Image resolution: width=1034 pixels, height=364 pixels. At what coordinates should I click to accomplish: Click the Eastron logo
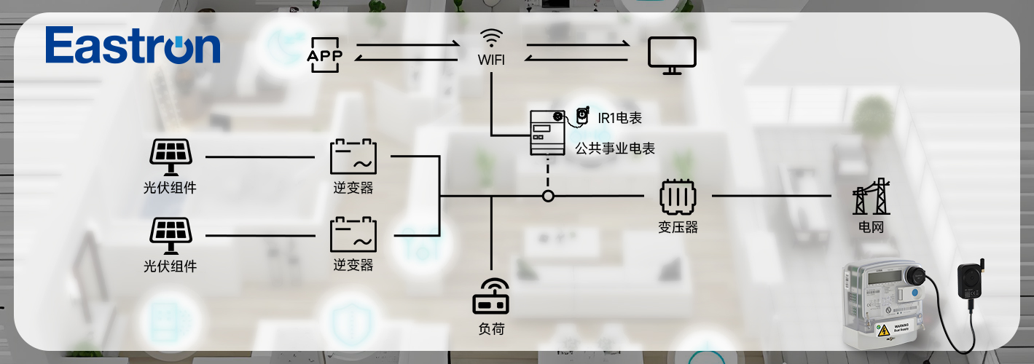pos(133,46)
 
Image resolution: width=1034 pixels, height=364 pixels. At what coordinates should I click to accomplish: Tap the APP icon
pos(325,55)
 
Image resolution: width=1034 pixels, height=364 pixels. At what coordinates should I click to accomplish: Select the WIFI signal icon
pos(491,38)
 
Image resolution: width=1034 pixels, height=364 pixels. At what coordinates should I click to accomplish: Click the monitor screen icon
pos(672,55)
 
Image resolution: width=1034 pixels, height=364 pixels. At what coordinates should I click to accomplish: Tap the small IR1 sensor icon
pos(581,115)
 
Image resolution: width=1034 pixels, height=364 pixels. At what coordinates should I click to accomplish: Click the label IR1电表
pos(619,117)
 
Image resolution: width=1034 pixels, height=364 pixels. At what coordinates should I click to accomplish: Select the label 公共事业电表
pos(615,149)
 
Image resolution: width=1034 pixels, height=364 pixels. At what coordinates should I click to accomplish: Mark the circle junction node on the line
pos(548,196)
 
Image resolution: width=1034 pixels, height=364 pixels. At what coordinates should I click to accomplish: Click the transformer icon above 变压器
pos(678,196)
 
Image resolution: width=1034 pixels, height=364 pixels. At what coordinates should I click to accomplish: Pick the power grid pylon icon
pos(871,197)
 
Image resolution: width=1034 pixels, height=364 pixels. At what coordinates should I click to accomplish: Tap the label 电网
pos(871,227)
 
